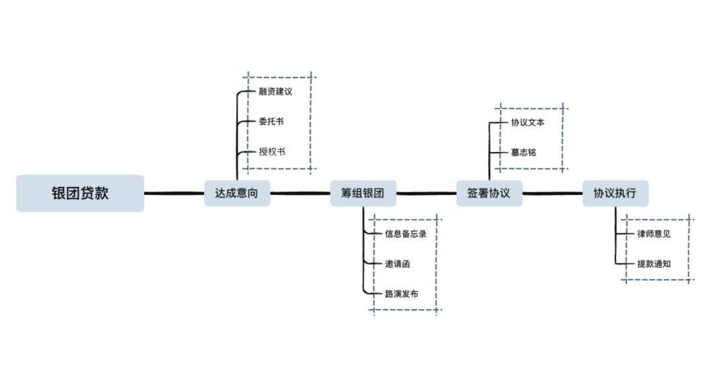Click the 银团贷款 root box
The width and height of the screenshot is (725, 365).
point(80,194)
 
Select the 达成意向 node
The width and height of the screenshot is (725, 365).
point(237,194)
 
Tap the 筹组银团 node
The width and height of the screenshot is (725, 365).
point(362,194)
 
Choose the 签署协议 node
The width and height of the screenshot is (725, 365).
point(489,194)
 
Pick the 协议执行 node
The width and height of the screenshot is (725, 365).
point(615,194)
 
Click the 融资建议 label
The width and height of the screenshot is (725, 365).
point(275,92)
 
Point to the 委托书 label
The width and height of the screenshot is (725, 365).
point(271,122)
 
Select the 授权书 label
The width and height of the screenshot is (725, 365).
point(272,152)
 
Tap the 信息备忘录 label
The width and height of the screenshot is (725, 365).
point(405,234)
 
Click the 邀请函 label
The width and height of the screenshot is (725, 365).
point(397,264)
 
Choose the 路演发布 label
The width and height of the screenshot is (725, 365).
point(401,294)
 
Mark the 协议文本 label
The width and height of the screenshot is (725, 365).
point(528,122)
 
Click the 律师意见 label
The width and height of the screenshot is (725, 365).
point(654,234)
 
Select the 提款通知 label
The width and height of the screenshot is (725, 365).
point(654,264)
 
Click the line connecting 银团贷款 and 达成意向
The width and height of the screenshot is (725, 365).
point(174,194)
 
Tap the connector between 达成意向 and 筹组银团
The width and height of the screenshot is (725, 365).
point(300,194)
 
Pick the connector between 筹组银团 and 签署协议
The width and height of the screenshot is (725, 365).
point(426,194)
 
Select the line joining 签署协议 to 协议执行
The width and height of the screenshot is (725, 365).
point(552,194)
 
